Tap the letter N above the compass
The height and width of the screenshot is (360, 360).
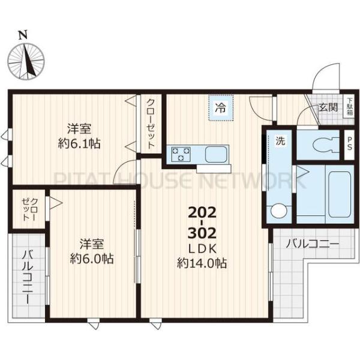point(23,34)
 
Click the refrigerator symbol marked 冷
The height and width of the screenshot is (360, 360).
point(220,109)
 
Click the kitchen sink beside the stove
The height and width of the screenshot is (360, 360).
point(215,154)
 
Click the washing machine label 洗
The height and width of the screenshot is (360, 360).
point(280,142)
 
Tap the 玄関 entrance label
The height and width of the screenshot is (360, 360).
point(328,108)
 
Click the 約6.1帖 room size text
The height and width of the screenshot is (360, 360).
point(79,143)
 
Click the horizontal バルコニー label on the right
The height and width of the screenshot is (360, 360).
point(312,244)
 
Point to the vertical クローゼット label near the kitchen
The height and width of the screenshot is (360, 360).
point(151,123)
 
